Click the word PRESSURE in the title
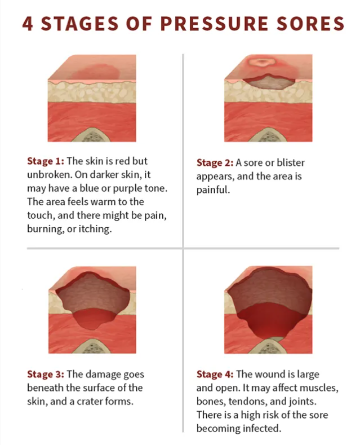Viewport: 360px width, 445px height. point(214,24)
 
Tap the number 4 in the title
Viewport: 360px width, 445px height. point(28,24)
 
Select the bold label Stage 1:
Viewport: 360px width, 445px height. point(46,161)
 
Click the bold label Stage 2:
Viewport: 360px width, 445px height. point(215,162)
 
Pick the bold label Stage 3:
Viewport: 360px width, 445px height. point(46,374)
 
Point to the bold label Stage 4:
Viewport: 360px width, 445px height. point(215,374)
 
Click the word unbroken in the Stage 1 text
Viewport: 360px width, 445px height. point(50,174)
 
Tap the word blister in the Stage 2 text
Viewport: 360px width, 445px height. point(291,162)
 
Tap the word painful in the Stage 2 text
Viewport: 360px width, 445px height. point(213,190)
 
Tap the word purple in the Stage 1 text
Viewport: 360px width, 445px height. point(123,188)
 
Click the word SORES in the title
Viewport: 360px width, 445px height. point(310,24)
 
